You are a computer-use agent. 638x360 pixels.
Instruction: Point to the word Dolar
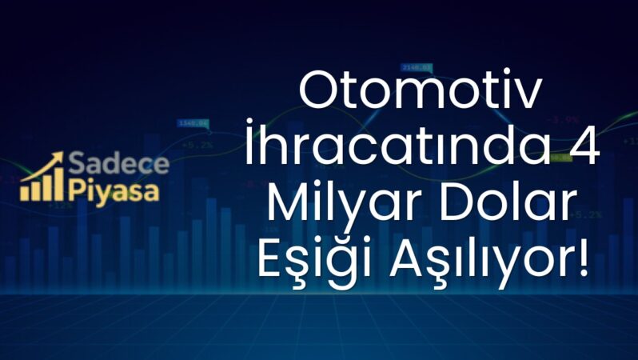coord(503,207)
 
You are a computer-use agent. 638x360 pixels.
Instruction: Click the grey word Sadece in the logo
coord(119,166)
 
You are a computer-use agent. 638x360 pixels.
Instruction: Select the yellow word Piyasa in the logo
coord(114,192)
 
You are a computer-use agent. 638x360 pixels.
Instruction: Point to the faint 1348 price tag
coord(193,123)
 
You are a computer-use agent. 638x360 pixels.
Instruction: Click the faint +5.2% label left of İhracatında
coord(197,145)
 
